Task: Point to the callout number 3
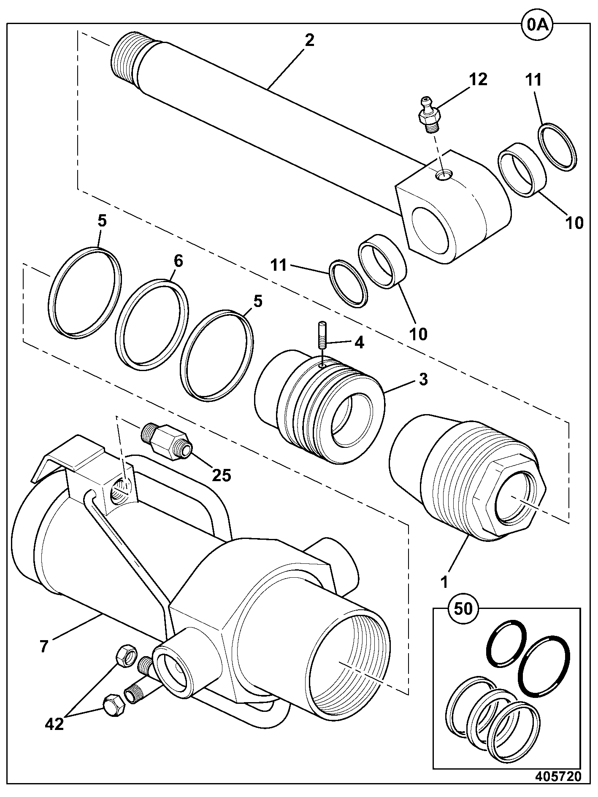423,379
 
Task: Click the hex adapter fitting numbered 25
167,443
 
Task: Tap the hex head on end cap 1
510,495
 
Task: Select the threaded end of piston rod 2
127,57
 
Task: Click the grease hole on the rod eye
443,175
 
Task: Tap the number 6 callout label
178,261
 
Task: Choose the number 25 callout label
222,475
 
